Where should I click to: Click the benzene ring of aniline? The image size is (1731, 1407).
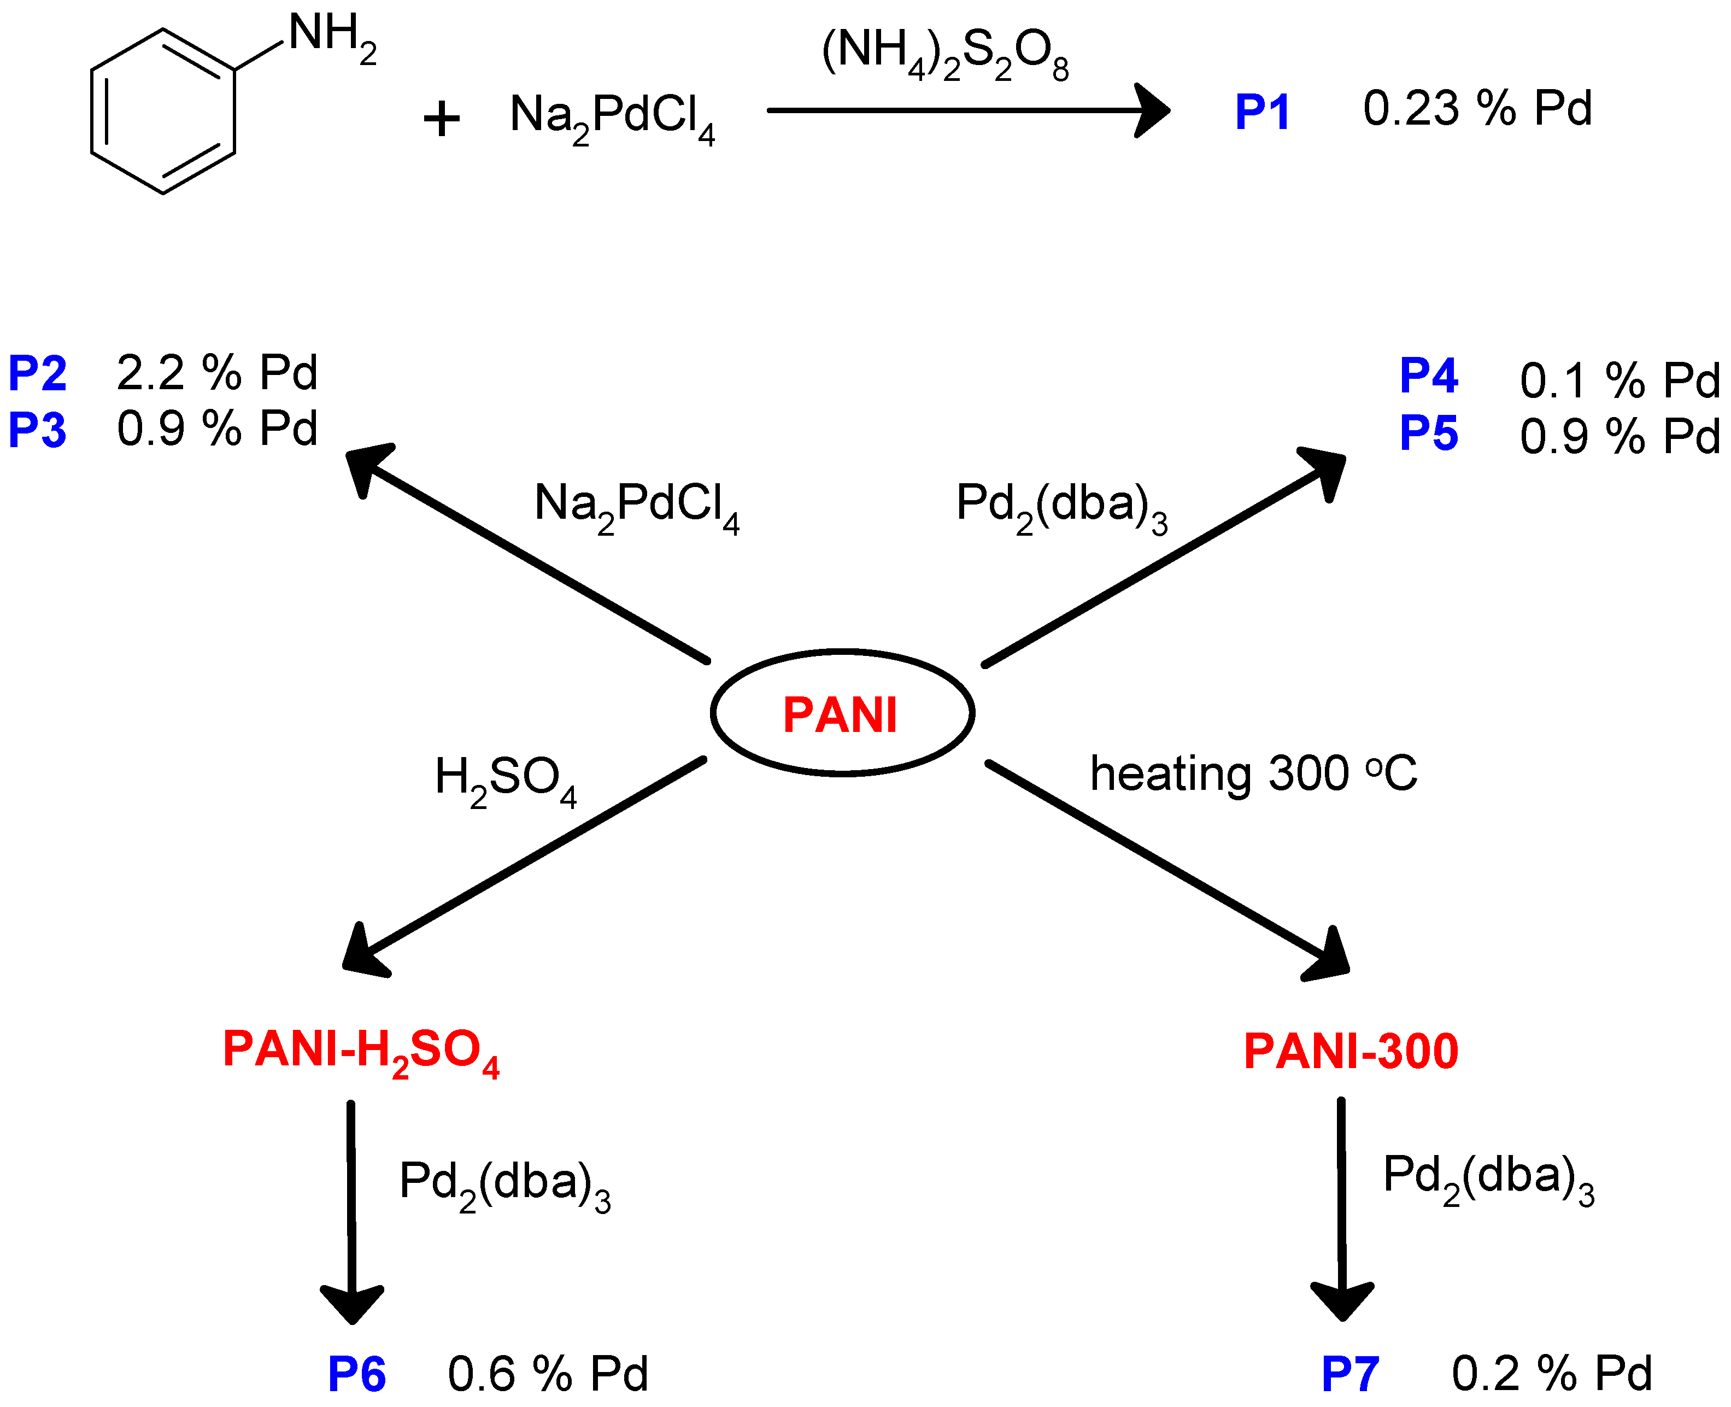(163, 112)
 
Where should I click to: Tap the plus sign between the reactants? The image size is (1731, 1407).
(442, 120)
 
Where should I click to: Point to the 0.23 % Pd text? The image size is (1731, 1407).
(1476, 109)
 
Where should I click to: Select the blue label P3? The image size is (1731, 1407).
(37, 430)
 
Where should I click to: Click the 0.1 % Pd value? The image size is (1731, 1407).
(1619, 381)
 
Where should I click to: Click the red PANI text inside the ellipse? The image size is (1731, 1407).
(841, 716)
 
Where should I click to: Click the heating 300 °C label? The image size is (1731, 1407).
(1253, 774)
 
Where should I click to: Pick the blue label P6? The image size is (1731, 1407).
(356, 1375)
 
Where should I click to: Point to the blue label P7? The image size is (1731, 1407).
(1349, 1375)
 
